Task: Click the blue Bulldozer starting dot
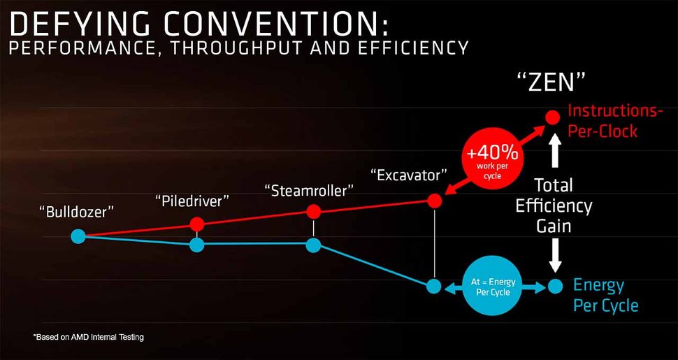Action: (x=78, y=237)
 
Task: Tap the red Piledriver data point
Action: (x=197, y=224)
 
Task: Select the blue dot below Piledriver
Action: (x=197, y=245)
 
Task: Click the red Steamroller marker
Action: (x=313, y=211)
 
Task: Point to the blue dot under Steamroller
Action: (x=313, y=245)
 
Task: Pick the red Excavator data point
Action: (x=435, y=201)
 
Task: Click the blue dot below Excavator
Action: (x=434, y=286)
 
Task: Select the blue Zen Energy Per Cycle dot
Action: (x=555, y=286)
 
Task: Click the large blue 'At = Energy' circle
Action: (x=493, y=287)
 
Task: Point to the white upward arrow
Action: (x=556, y=150)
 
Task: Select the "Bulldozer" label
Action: (x=77, y=210)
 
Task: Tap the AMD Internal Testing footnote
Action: (x=89, y=338)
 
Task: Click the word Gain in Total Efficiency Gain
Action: (x=554, y=226)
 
